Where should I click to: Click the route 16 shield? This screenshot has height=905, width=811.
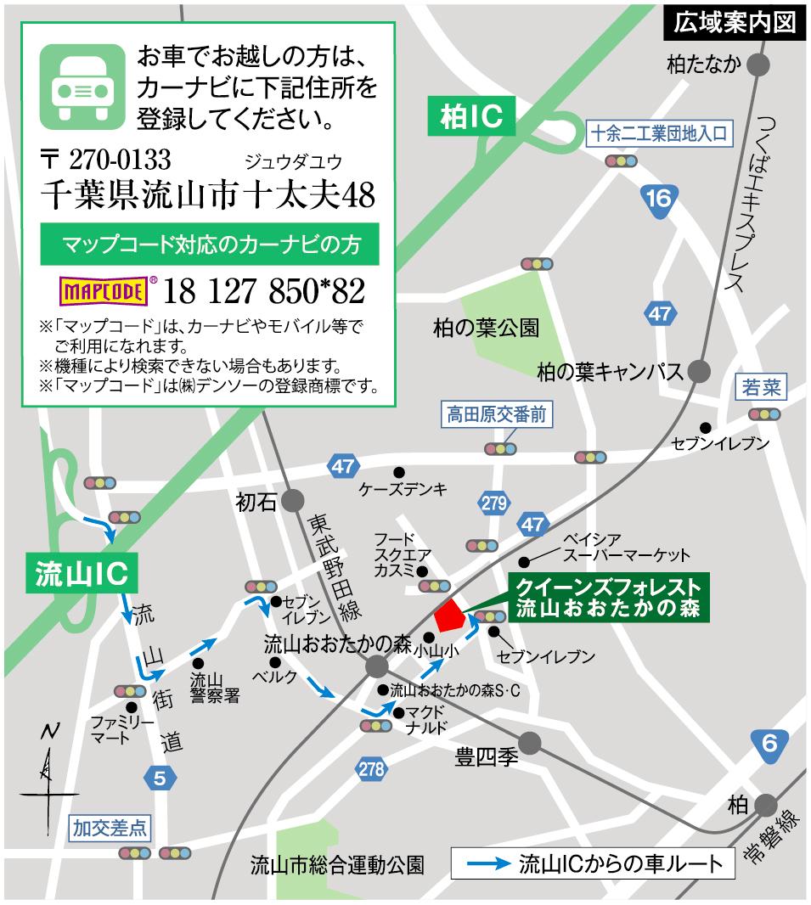[658, 199]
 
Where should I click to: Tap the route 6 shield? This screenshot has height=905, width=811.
[769, 745]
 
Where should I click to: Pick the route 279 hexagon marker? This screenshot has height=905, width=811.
[493, 503]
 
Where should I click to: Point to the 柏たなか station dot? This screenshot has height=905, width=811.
[759, 64]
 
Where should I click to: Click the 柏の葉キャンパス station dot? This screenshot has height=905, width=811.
[700, 371]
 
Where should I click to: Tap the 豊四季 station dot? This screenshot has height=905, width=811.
[530, 744]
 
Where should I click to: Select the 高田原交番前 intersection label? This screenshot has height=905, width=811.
[497, 416]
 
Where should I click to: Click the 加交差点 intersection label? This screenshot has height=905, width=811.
[110, 824]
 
